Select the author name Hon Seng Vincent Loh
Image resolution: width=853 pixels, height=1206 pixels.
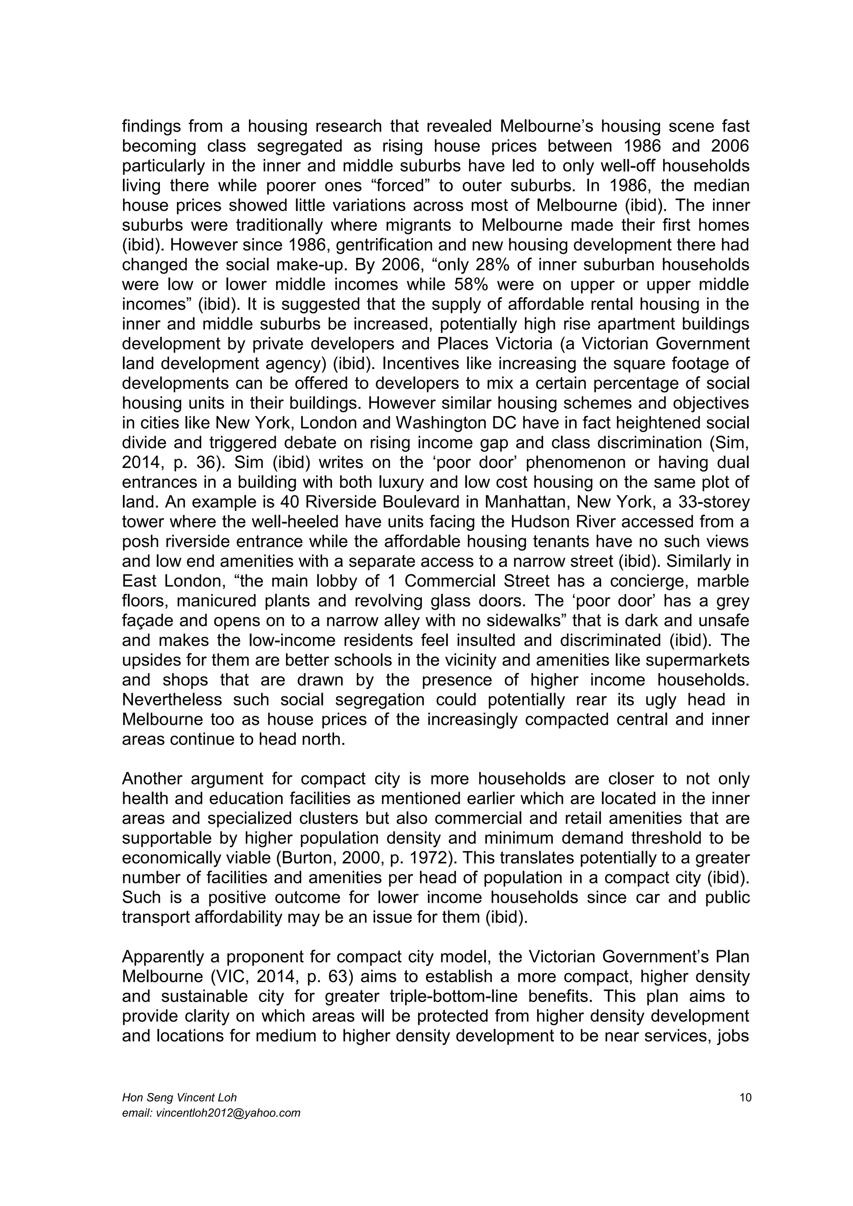[179, 1097]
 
